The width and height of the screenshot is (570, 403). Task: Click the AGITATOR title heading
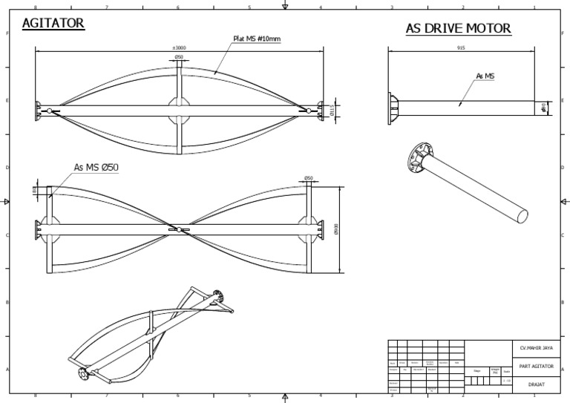(x=53, y=24)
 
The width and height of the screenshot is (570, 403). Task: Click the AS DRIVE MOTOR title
(x=458, y=29)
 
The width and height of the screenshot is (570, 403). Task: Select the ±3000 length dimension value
(x=179, y=47)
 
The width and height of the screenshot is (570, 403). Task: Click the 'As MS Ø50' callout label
(x=96, y=167)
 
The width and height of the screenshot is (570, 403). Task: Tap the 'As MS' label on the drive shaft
(x=485, y=76)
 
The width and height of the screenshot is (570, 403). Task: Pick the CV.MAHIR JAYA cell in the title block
(x=535, y=347)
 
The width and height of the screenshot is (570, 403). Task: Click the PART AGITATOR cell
(x=535, y=366)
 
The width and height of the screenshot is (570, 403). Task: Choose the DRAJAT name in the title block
(x=535, y=384)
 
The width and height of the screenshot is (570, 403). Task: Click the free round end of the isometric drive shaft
(x=522, y=214)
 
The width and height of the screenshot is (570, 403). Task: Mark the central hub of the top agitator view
(x=179, y=111)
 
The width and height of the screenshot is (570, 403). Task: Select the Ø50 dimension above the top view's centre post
(x=179, y=57)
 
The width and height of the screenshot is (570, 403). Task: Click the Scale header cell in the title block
(x=506, y=371)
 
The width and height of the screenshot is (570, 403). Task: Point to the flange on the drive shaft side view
(x=393, y=107)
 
